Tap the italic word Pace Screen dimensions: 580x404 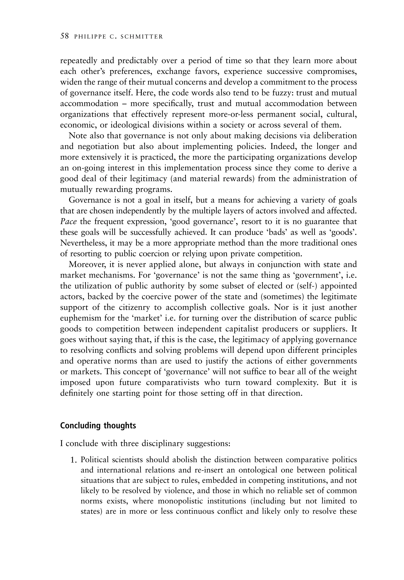point(68,221)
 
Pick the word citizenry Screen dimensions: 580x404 point(141,307)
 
